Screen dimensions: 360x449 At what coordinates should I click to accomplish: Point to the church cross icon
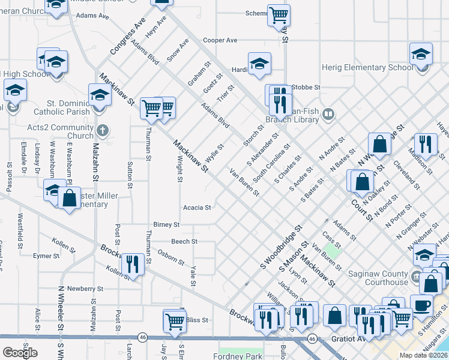click(x=103, y=130)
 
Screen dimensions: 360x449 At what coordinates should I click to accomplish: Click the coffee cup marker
click(x=421, y=304)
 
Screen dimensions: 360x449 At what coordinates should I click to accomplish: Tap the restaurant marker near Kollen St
click(x=131, y=263)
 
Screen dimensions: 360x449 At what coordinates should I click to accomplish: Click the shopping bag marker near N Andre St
click(x=380, y=144)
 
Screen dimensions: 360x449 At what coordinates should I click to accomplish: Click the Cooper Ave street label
click(x=220, y=40)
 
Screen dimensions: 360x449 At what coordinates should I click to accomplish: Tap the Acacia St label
click(x=197, y=208)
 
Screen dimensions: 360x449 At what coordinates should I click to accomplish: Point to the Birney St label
click(x=166, y=224)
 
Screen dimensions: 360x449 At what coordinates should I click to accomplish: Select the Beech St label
click(x=184, y=241)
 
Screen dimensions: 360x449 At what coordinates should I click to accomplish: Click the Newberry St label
click(x=78, y=288)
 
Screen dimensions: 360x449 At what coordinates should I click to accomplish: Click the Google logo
click(x=20, y=353)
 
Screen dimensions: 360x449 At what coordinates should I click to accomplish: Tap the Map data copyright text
click(x=424, y=355)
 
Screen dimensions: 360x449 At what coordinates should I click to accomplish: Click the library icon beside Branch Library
click(x=328, y=113)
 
